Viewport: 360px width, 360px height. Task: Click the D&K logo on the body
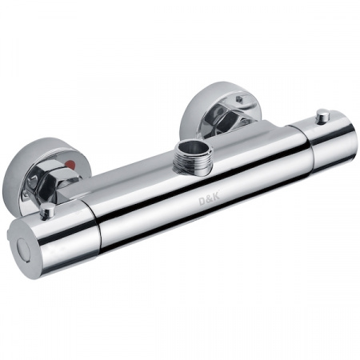pyautogui.click(x=210, y=200)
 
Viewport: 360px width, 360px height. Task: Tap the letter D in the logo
pyautogui.click(x=202, y=202)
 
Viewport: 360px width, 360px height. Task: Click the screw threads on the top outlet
pyautogui.click(x=191, y=162)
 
